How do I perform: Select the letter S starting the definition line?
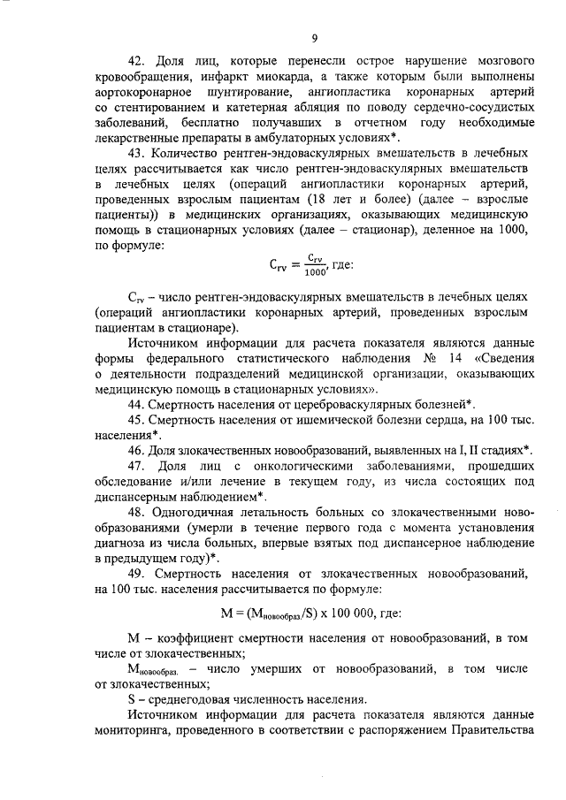pos(132,697)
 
